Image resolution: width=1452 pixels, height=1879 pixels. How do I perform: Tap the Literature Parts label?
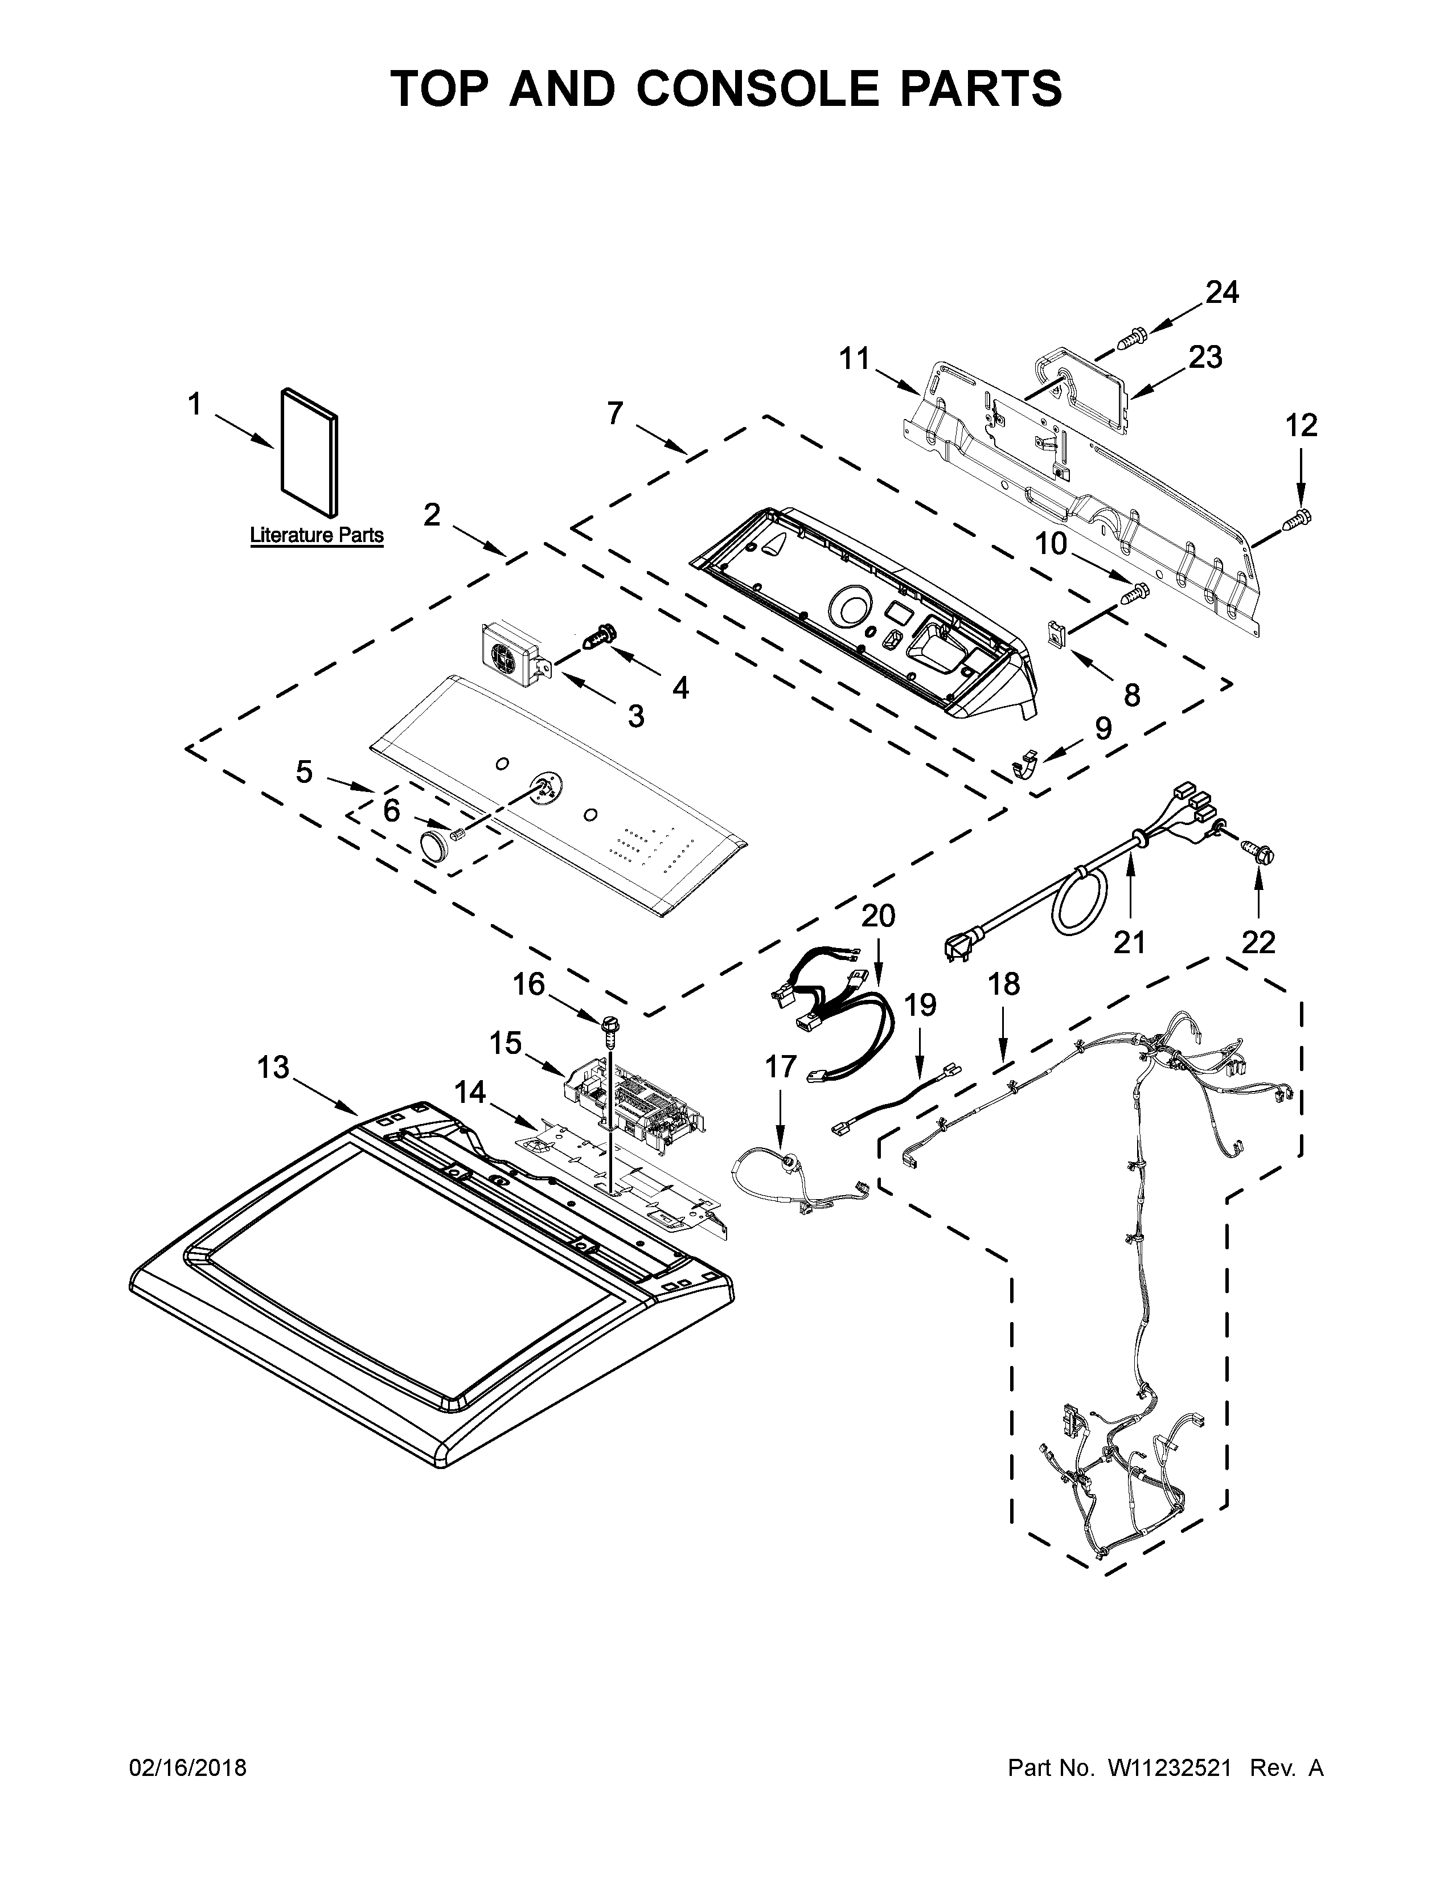[317, 535]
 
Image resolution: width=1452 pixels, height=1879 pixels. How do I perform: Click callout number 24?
[1221, 293]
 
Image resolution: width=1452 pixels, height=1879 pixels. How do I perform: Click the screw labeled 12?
[1299, 519]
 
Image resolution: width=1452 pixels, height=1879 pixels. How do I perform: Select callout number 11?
[855, 358]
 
